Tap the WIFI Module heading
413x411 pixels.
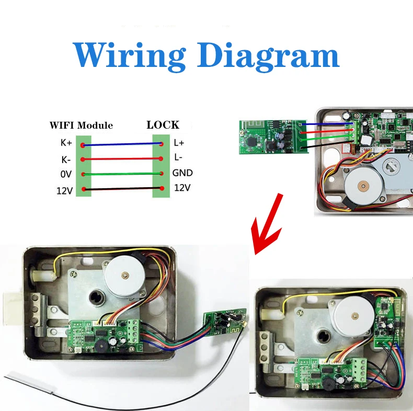81,125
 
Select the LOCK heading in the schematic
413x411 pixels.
163,125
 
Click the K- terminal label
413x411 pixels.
66,159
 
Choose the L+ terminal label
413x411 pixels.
179,142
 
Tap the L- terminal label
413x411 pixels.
178,157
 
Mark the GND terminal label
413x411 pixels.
183,173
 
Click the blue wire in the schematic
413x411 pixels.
122,144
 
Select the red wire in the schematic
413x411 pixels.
122,158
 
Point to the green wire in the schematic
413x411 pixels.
122,174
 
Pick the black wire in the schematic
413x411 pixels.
122,189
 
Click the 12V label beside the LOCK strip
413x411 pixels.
182,188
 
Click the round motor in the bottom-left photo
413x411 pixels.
125,275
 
